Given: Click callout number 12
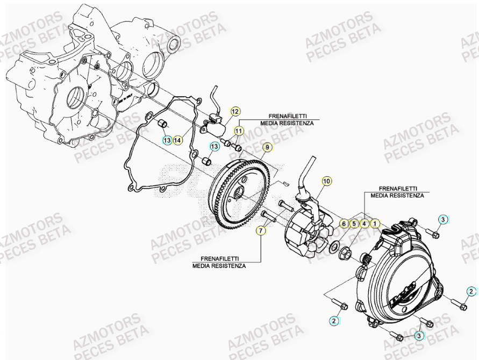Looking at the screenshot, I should coord(234,112).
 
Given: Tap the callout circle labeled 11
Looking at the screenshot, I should coord(239,130).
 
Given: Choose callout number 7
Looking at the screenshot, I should coord(261,231).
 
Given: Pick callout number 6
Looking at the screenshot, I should coord(344,222).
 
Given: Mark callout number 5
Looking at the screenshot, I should coord(354,222).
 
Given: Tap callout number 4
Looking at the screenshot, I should coord(364,222).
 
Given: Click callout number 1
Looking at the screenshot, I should coord(375,222).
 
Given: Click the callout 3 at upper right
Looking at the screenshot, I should coord(442,219).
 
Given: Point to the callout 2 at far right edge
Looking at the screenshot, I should coord(471,291).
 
